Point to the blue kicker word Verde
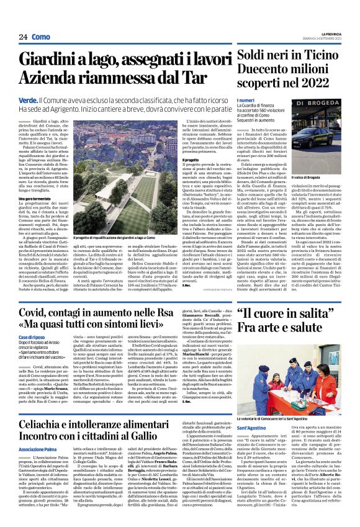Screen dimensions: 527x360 click(x=29, y=99)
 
